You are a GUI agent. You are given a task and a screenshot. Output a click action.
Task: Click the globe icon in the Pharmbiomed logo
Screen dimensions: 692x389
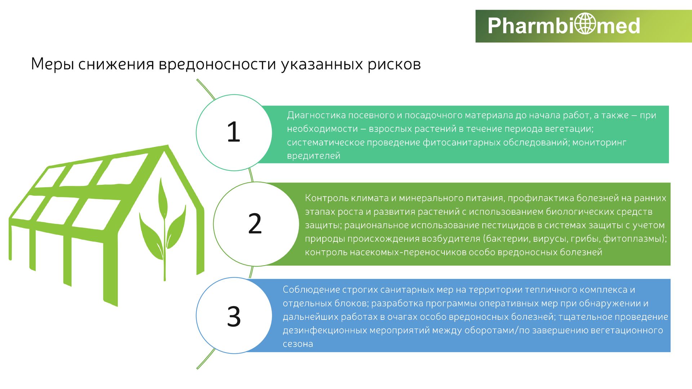point(585,24)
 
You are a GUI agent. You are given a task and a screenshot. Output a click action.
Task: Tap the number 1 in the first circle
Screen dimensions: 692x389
point(233,132)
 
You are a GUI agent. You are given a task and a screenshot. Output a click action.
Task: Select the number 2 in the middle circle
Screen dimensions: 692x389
point(255,224)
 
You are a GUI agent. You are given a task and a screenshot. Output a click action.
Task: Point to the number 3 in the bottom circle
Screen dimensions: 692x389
point(234,317)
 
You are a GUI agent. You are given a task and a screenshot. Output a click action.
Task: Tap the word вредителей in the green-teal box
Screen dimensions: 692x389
point(314,156)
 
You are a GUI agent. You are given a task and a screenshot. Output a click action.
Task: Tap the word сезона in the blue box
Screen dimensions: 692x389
point(298,344)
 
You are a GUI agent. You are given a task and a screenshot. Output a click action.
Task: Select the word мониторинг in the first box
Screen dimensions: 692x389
point(599,143)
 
